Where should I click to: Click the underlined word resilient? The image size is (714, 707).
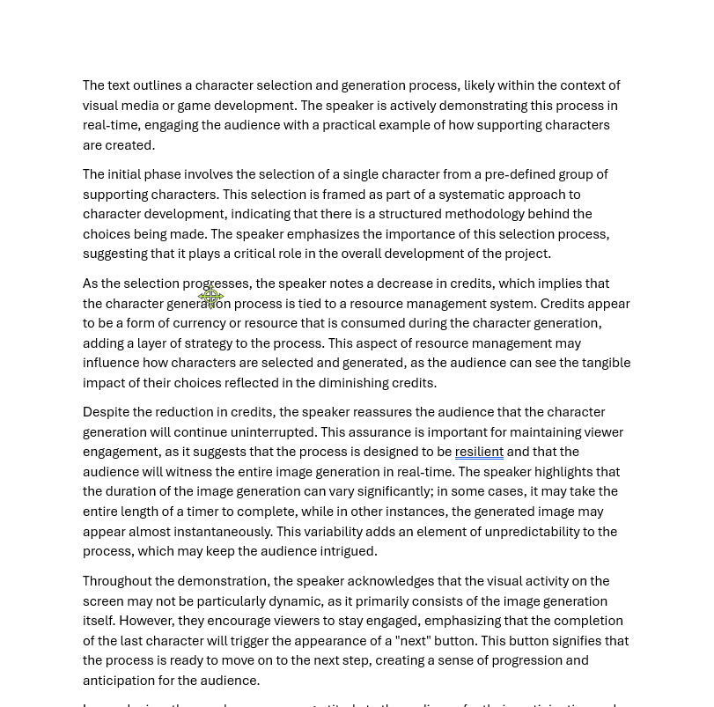pyautogui.click(x=479, y=452)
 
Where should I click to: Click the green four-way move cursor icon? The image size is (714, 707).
pyautogui.click(x=210, y=297)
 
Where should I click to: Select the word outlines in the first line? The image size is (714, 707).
pyautogui.click(x=157, y=85)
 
